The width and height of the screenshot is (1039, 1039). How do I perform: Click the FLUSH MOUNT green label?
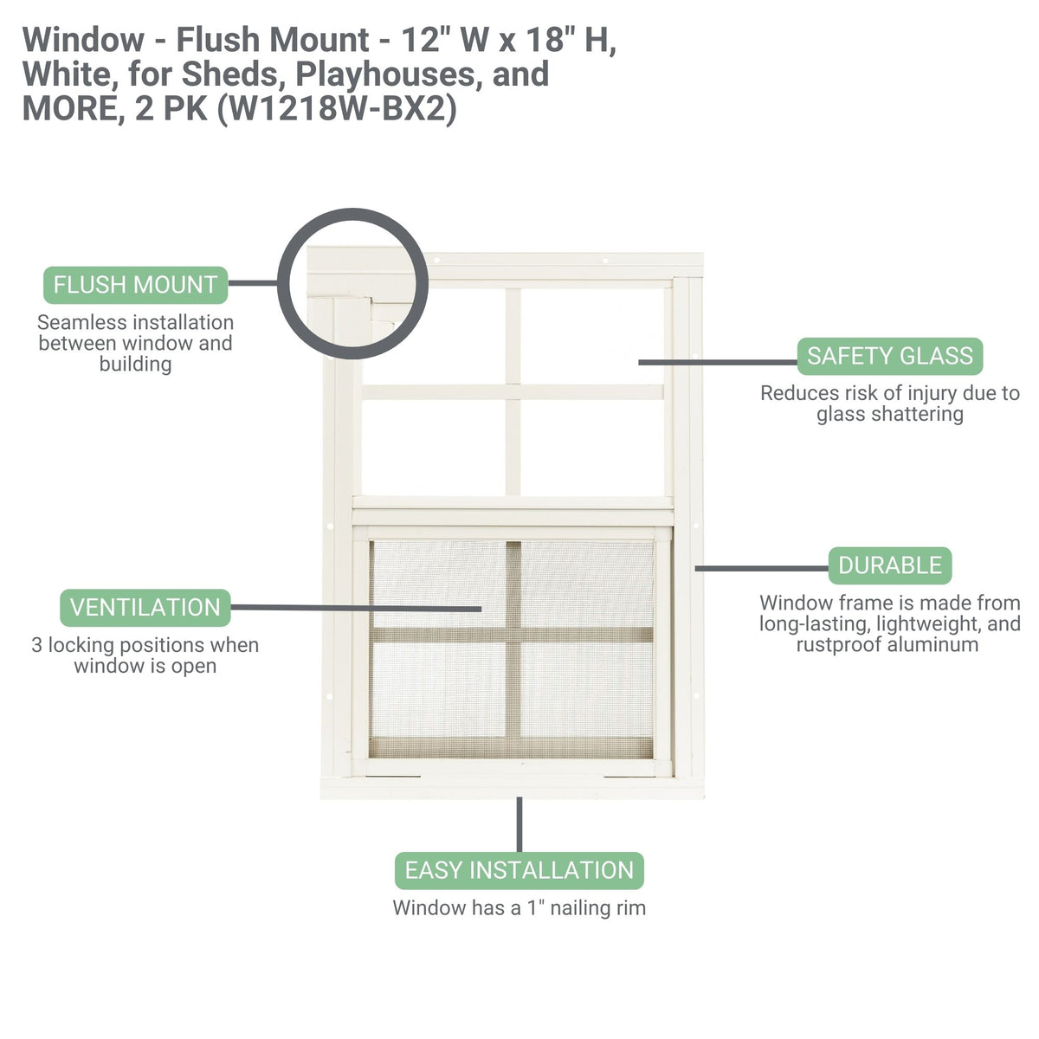[135, 285]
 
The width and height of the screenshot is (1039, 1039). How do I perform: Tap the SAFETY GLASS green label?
[889, 356]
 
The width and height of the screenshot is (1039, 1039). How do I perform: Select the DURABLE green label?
[889, 565]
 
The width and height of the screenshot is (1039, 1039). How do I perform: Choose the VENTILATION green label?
[145, 608]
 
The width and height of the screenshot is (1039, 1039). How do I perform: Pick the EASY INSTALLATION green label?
[519, 870]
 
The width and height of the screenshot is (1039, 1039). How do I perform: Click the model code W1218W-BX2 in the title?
[336, 110]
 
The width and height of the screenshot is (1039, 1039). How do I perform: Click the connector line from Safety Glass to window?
[717, 362]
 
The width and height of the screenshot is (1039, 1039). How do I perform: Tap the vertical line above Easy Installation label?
[519, 824]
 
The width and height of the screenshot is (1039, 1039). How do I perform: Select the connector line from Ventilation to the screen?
[355, 608]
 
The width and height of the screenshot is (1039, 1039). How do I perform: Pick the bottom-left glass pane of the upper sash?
[433, 447]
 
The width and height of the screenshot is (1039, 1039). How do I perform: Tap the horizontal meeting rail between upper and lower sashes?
[513, 503]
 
